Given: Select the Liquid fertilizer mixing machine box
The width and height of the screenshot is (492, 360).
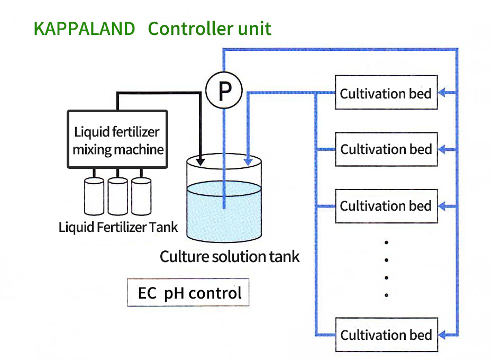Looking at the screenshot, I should [117, 140].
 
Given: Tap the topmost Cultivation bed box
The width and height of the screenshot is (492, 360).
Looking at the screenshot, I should [386, 94].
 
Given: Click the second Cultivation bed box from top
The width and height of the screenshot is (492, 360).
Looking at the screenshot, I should [386, 149].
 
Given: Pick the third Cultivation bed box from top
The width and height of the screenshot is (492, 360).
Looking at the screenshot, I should [386, 205].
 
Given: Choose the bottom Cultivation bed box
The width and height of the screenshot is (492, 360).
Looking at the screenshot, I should [386, 335].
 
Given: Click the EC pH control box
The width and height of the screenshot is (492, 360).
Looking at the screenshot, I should [188, 292].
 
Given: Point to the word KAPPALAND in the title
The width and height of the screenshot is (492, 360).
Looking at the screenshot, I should [85, 29].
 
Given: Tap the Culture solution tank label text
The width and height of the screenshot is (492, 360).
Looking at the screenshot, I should [230, 257].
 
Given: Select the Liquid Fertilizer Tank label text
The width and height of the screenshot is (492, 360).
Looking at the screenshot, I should [118, 228].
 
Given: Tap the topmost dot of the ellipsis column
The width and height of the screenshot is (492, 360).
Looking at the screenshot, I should [387, 242].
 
